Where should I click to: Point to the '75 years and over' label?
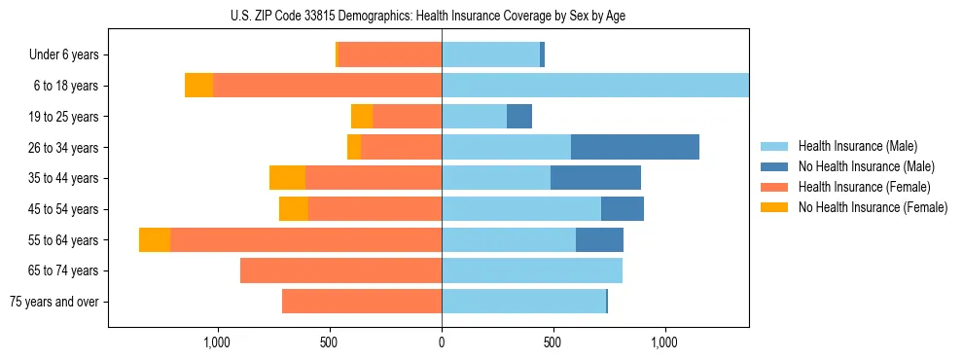[54, 302]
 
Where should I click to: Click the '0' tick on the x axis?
[442, 342]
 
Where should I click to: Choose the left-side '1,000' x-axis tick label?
[217, 342]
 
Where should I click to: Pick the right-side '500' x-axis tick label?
[553, 342]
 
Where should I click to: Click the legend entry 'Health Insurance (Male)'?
[857, 146]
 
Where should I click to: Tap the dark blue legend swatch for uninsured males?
[775, 166]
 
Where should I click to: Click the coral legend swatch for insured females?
[775, 187]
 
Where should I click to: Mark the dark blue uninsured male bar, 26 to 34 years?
[634, 147]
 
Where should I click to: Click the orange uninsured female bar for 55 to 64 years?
[155, 239]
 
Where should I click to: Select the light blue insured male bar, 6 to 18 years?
[594, 86]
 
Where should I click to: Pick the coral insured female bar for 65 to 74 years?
[340, 270]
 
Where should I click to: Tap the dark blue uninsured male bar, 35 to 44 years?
[595, 178]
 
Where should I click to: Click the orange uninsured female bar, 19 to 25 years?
[362, 117]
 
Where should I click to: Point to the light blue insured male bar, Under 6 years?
[490, 54]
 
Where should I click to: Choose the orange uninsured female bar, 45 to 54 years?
[294, 209]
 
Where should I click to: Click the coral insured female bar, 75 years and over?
[362, 302]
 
